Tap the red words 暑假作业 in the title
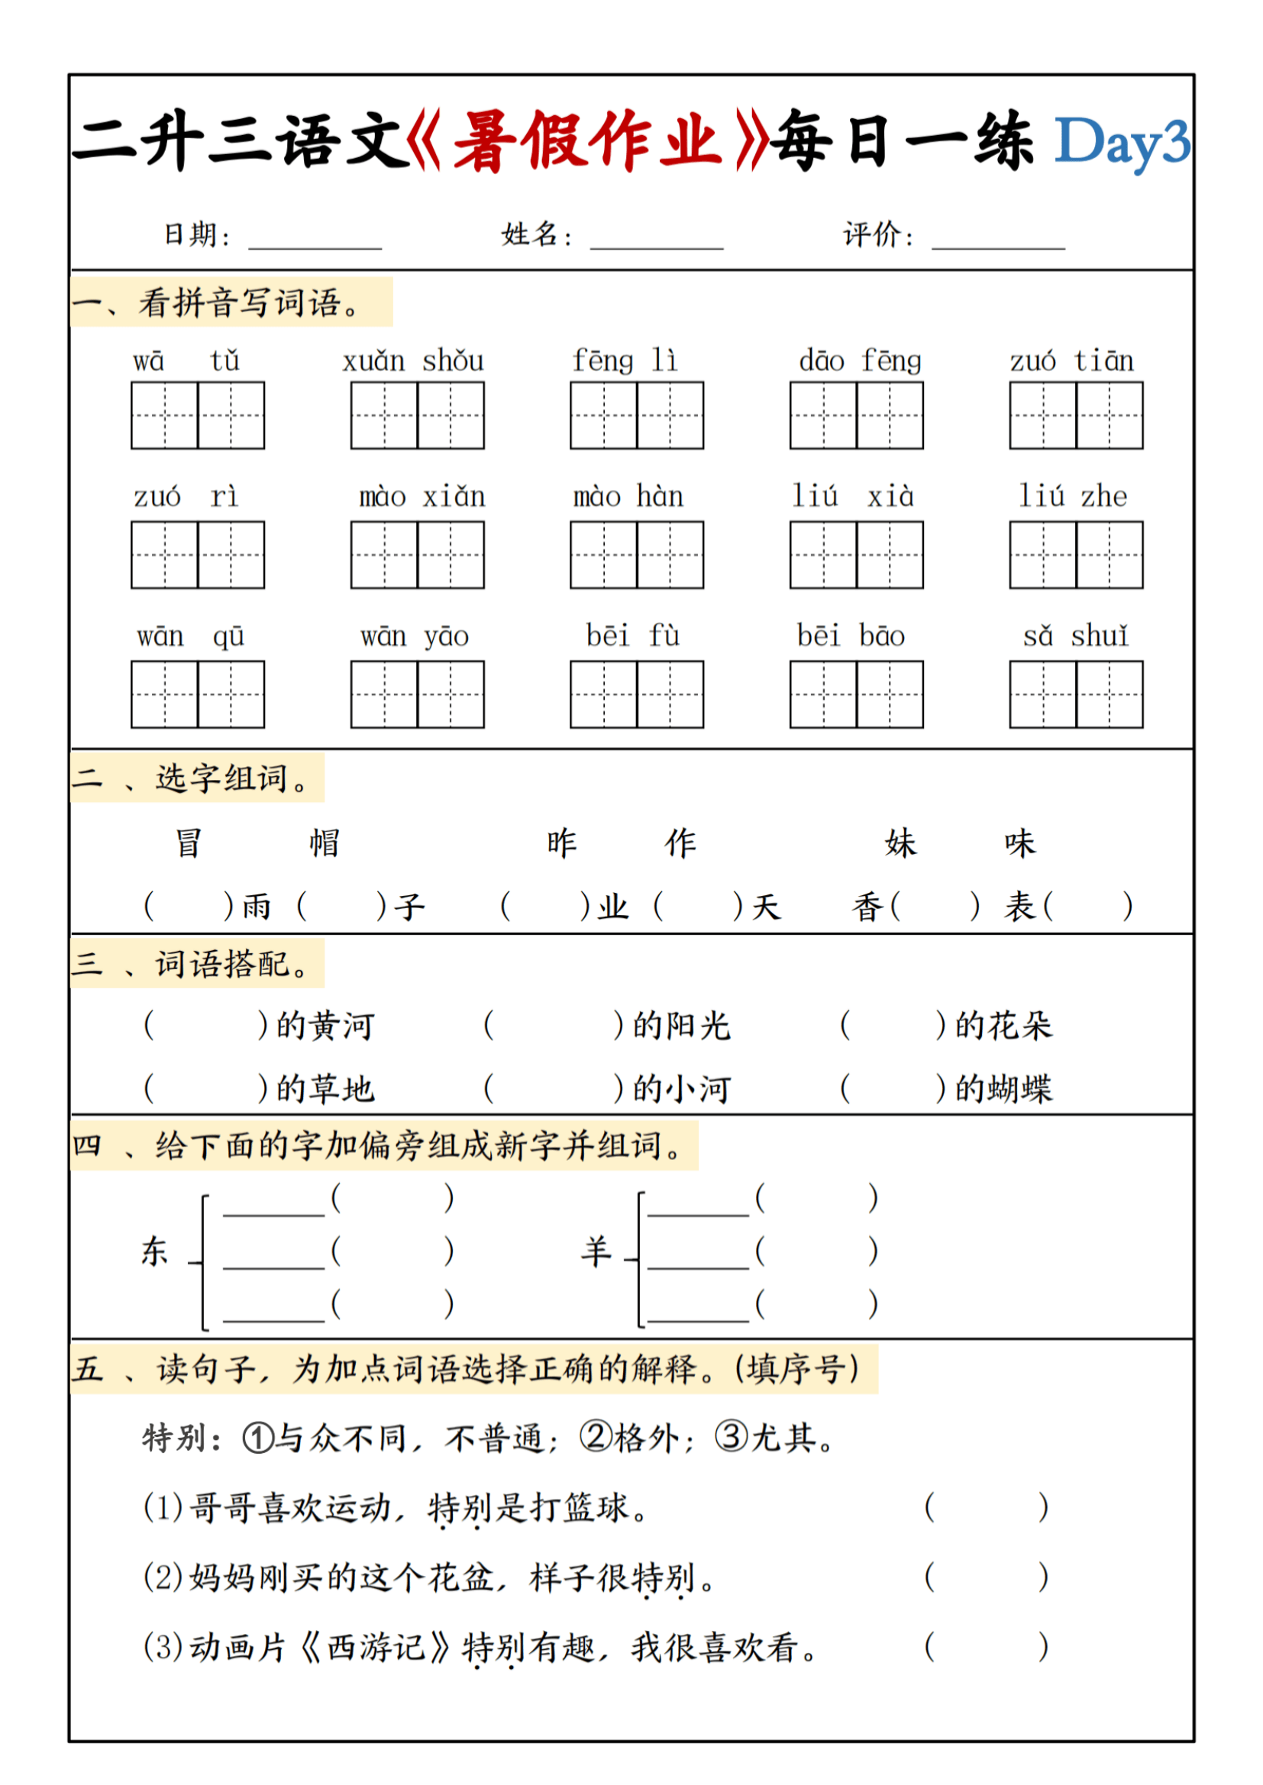coord(585,140)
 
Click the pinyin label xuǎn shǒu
coord(413,362)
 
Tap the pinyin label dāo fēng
coord(859,362)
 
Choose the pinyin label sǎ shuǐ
coord(1075,636)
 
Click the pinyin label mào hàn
coord(628,497)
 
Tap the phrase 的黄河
coord(326,1026)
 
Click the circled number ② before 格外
coord(596,1438)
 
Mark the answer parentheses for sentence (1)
coord(985,1507)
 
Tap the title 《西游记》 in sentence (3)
coord(376,1647)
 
